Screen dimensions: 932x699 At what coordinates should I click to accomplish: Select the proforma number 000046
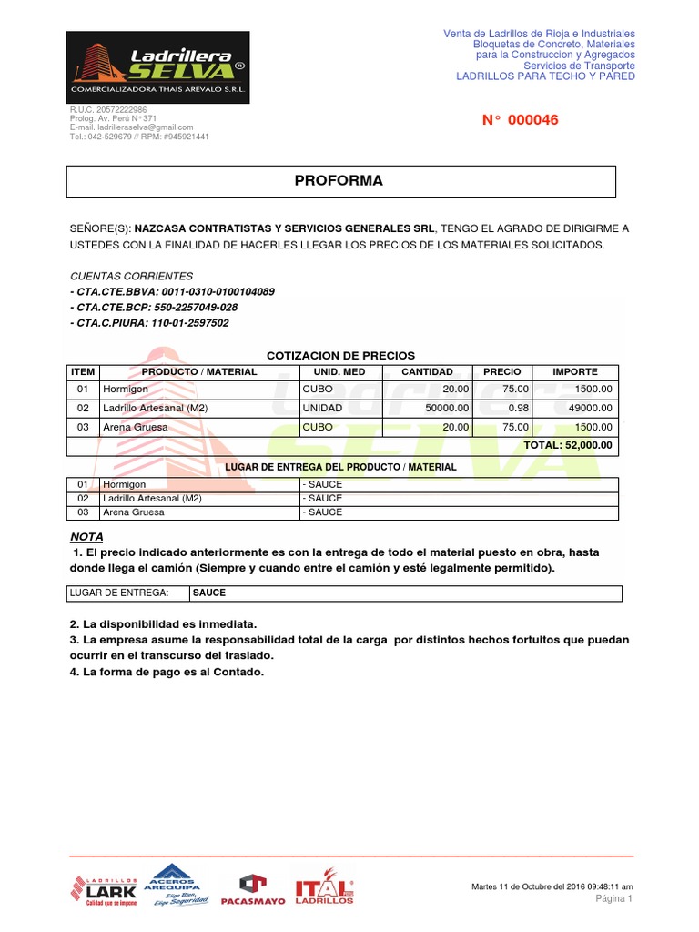tap(520, 120)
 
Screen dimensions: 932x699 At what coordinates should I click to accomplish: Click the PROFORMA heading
tap(339, 181)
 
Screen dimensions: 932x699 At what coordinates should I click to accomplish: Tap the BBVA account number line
tap(172, 291)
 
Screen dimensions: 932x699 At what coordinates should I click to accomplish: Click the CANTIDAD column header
tap(427, 372)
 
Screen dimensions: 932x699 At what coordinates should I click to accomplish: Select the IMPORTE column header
tap(575, 372)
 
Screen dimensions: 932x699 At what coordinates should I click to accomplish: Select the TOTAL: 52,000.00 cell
tap(567, 446)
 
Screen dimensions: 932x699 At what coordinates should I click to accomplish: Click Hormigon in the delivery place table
tap(125, 484)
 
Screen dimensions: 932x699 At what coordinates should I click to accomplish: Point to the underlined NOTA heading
tap(86, 536)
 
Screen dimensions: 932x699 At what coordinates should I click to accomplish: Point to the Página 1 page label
tap(613, 898)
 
